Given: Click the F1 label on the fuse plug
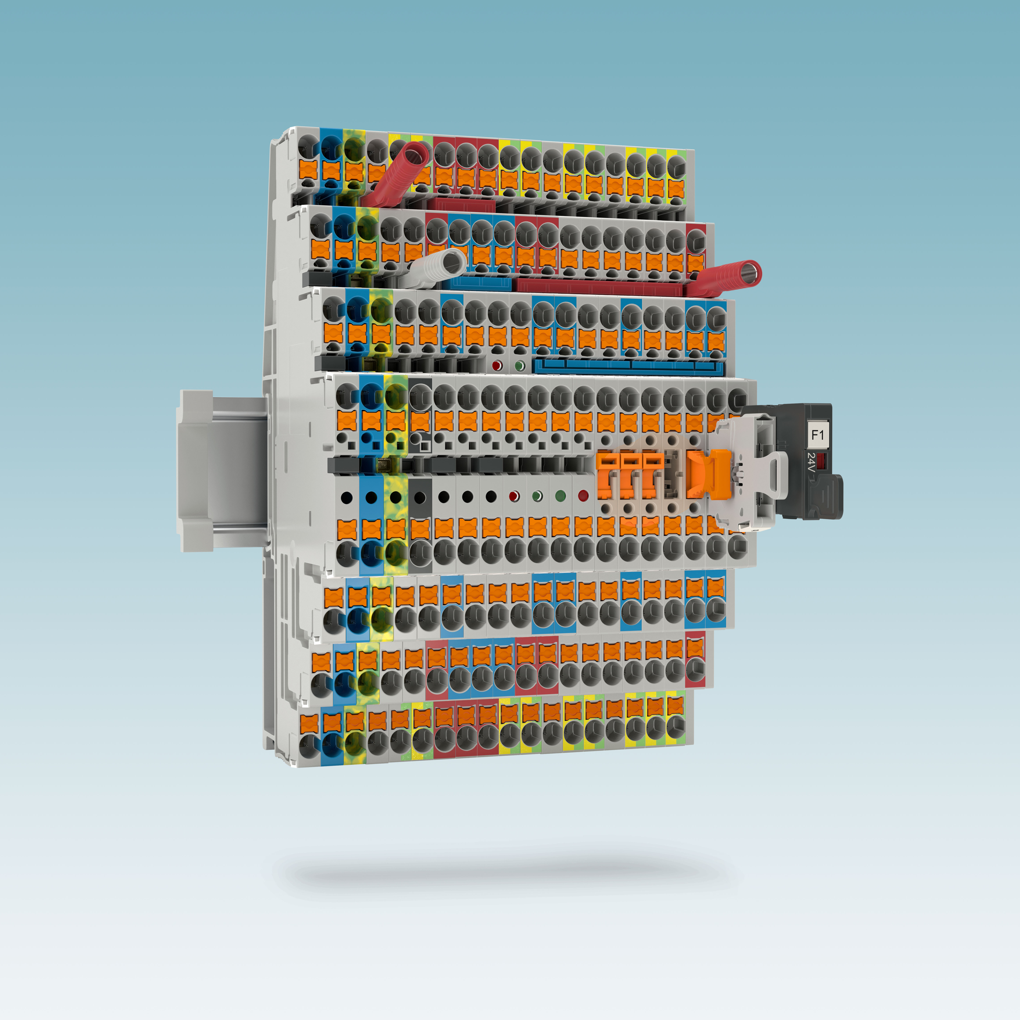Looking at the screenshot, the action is (x=817, y=435).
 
